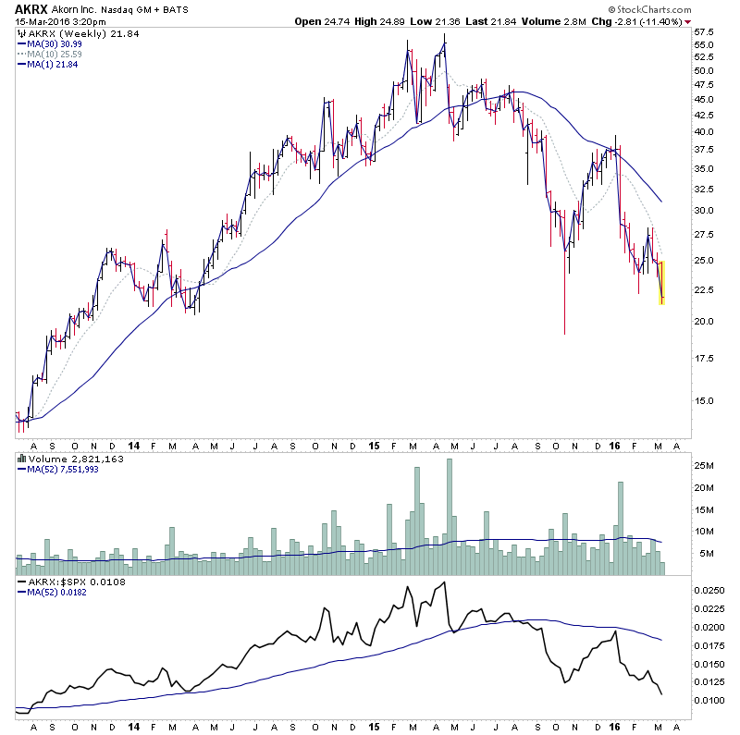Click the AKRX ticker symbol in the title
31,8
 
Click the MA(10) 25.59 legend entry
53,55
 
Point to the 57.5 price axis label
704,31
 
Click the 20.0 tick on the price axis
704,322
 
